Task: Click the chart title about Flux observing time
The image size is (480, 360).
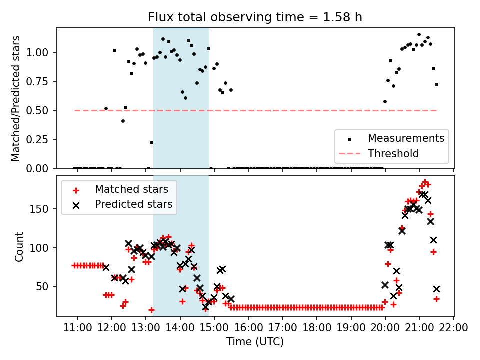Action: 255,17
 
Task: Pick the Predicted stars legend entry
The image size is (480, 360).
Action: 133,204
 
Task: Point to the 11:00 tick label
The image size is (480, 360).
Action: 77,328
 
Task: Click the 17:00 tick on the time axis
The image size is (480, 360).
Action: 283,328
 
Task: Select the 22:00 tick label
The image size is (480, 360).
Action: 453,328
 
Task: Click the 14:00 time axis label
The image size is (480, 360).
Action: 180,328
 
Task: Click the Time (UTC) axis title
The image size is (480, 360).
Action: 255,342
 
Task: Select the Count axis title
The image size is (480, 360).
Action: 19,246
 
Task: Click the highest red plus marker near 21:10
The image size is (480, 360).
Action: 425,182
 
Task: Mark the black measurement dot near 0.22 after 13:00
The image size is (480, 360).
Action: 151,142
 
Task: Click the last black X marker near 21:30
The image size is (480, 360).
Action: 436,289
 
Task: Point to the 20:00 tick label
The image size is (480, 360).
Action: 385,328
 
